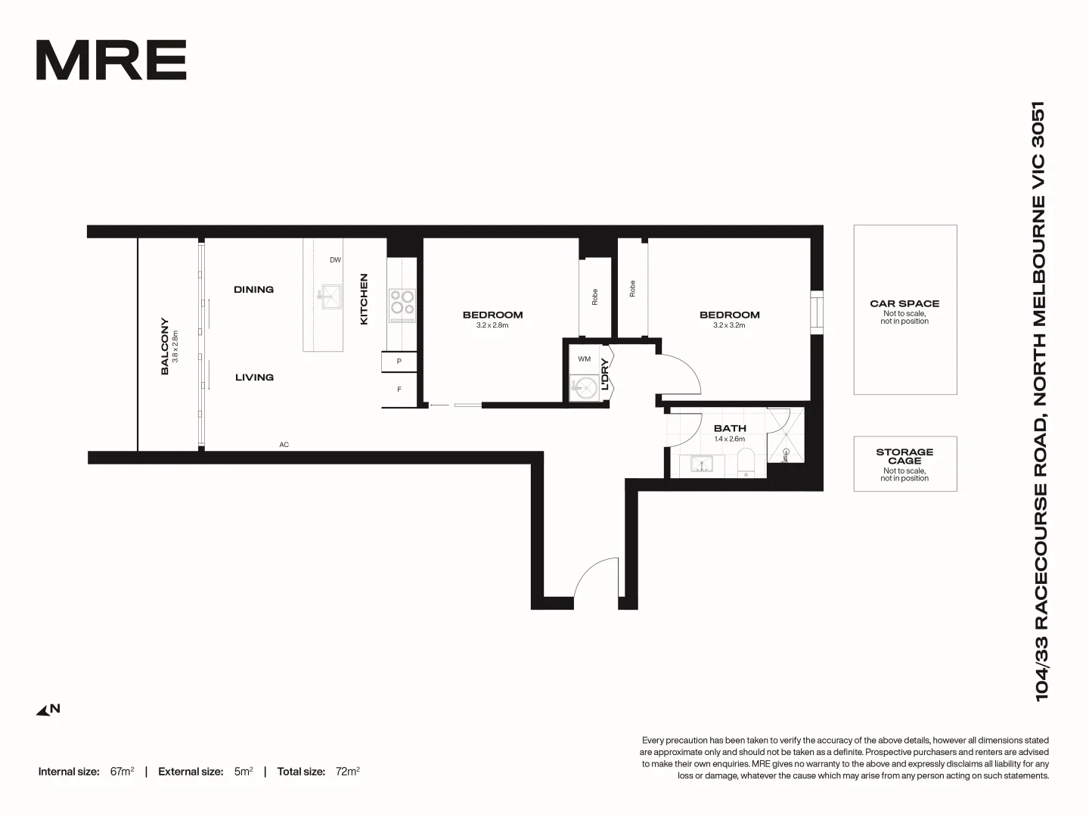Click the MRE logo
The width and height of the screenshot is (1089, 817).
[x=111, y=61]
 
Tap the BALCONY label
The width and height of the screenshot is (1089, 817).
[x=165, y=346]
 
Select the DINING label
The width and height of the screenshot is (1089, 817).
[x=253, y=290]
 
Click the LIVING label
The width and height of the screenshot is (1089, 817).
[x=254, y=377]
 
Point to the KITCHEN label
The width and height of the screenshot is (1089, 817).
[x=364, y=300]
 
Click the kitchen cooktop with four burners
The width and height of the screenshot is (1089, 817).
[x=402, y=303]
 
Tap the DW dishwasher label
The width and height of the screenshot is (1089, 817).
[x=335, y=260]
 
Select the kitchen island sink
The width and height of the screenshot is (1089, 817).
[x=330, y=297]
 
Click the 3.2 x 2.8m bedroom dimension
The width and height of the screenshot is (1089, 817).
[x=492, y=325]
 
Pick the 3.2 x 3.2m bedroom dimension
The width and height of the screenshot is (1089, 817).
[x=729, y=325]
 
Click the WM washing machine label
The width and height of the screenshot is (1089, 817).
[x=584, y=359]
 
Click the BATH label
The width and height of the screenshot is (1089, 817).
[x=729, y=428]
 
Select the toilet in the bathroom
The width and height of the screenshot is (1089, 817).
[x=746, y=462]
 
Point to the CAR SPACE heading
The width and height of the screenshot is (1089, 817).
[x=904, y=303]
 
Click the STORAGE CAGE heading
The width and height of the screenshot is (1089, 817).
[x=904, y=456]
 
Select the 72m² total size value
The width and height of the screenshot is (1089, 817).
[x=348, y=772]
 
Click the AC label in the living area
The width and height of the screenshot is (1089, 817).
[x=284, y=445]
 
